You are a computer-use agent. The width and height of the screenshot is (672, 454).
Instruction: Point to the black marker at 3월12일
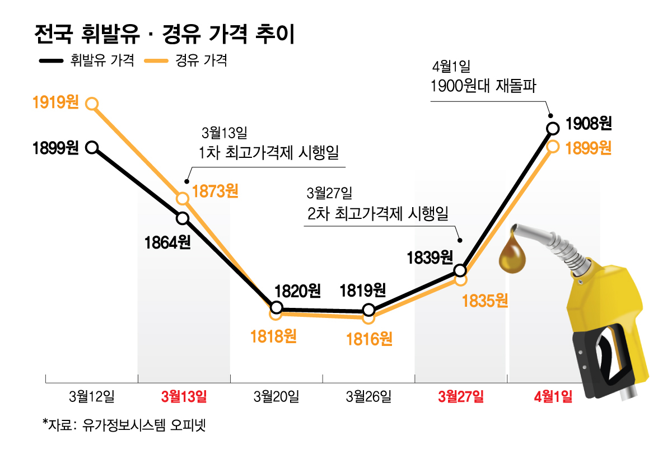[92, 147]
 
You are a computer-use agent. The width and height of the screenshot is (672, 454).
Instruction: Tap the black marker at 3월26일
[368, 310]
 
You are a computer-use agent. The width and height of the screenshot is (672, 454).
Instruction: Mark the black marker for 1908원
[553, 128]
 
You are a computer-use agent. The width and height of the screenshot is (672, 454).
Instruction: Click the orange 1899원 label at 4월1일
[588, 148]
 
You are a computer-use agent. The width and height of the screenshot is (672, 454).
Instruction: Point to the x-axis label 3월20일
[276, 397]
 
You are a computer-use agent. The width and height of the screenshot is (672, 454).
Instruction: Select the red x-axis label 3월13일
[184, 397]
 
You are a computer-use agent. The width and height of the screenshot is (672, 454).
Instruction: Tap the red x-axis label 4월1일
[553, 397]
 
